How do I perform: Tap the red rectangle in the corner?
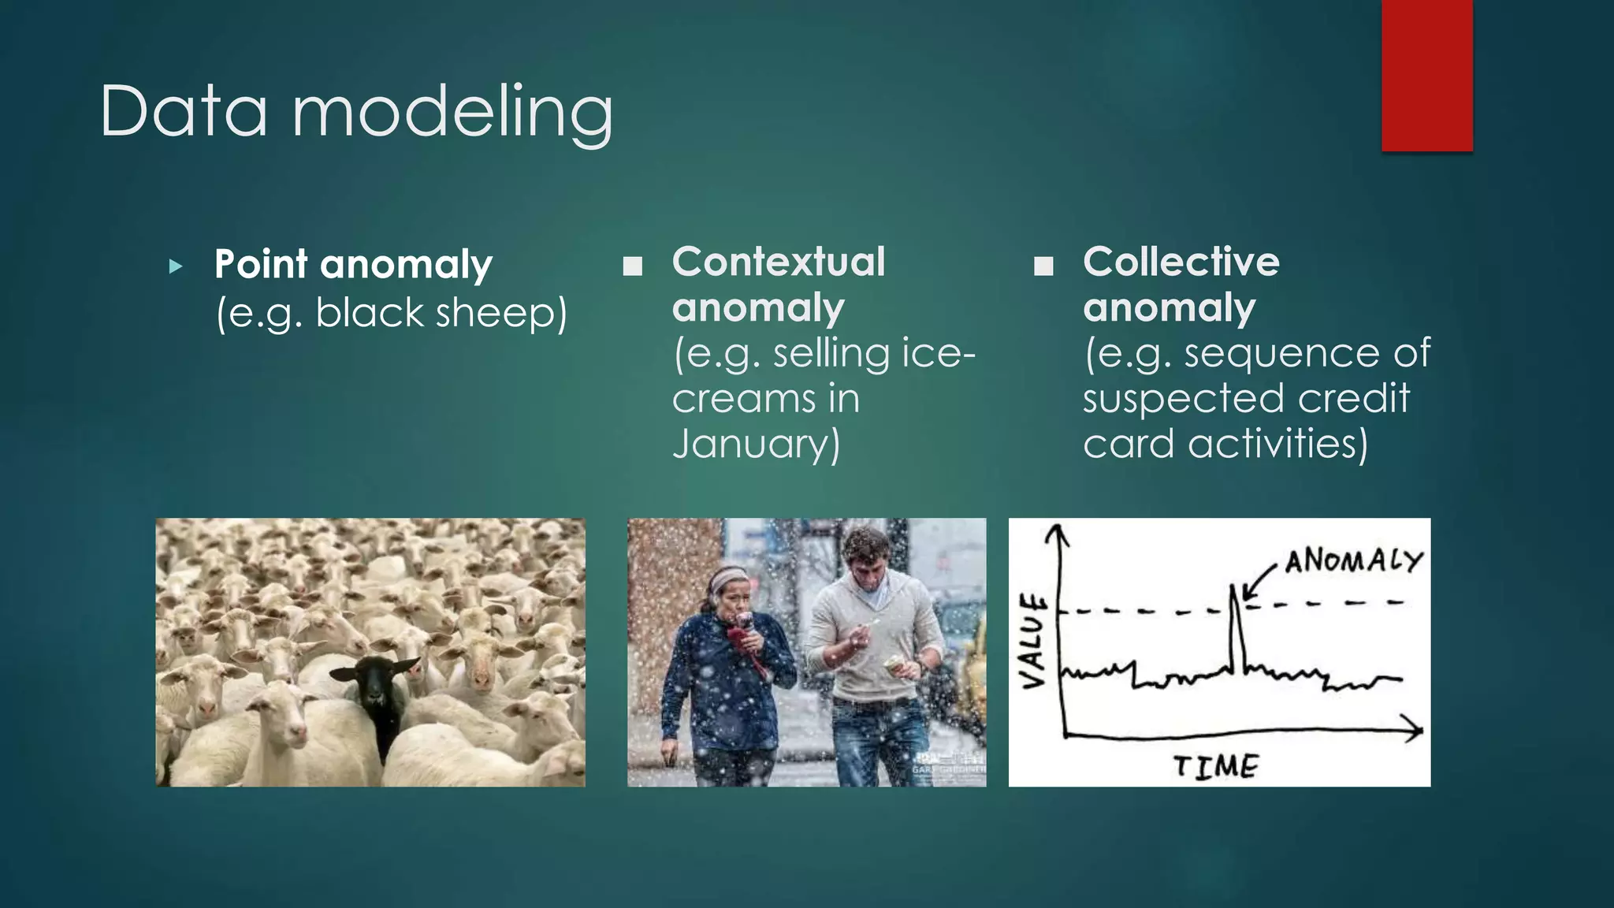(x=1426, y=76)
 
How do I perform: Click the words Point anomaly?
(x=353, y=264)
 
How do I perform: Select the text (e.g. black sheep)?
(x=392, y=313)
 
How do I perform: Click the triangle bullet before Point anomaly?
(x=176, y=266)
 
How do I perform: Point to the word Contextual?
(x=779, y=262)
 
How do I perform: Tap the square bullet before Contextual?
(x=632, y=266)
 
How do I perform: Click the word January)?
(x=757, y=443)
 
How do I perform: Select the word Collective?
(x=1181, y=262)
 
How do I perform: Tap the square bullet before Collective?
(x=1043, y=266)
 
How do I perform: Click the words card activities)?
(x=1225, y=443)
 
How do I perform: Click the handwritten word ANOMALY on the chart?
(x=1353, y=561)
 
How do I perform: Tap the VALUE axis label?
(x=1033, y=641)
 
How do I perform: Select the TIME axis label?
(x=1215, y=765)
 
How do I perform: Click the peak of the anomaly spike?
(x=1233, y=586)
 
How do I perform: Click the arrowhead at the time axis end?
(x=1417, y=730)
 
